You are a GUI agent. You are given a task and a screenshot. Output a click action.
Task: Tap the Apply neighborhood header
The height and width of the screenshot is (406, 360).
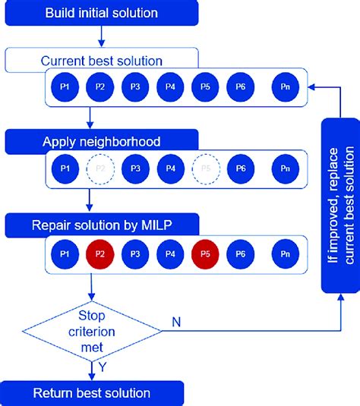102,141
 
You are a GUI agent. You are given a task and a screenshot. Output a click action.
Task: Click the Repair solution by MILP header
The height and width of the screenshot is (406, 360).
102,224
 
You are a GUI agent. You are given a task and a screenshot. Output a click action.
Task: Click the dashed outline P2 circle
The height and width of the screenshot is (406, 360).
100,168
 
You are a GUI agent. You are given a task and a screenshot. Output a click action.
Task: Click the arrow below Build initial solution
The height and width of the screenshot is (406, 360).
100,38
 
